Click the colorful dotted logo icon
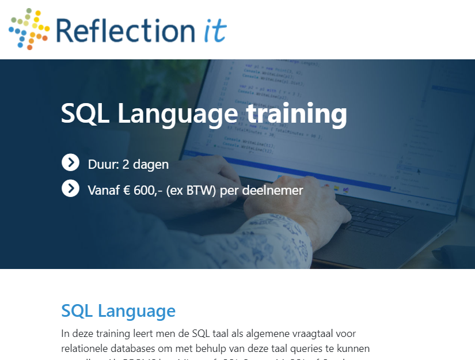(29, 29)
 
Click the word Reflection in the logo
(125, 30)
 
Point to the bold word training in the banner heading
(297, 113)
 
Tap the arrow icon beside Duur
(70, 163)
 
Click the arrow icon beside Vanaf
(70, 188)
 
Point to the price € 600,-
(143, 190)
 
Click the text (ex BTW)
(191, 190)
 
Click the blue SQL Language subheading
(118, 311)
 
